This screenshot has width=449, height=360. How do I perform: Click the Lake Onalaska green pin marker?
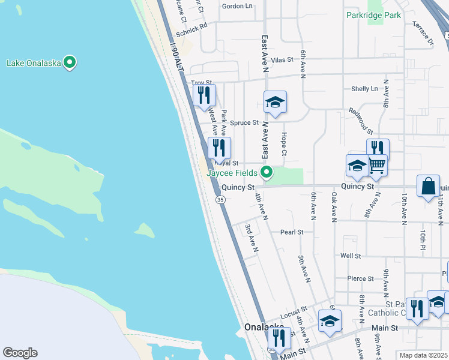pyautogui.click(x=70, y=62)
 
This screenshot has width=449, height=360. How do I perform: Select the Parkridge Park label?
pyautogui.click(x=373, y=15)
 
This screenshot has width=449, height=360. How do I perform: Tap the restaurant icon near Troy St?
pyautogui.click(x=205, y=95)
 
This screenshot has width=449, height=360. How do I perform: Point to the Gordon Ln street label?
pyautogui.click(x=237, y=6)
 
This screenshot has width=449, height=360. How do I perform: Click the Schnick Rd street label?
pyautogui.click(x=191, y=26)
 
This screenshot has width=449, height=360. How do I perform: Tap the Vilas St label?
pyautogui.click(x=282, y=60)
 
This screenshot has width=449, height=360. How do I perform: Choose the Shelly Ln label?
pyautogui.click(x=364, y=89)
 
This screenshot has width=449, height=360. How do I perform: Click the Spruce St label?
pyautogui.click(x=247, y=122)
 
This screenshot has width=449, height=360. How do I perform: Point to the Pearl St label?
pyautogui.click(x=292, y=232)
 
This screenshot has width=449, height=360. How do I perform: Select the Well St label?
pyautogui.click(x=350, y=256)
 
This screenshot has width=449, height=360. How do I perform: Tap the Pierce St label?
pyautogui.click(x=360, y=278)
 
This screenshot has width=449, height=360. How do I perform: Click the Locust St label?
pyautogui.click(x=294, y=311)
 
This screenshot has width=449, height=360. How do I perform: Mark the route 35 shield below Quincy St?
pyautogui.click(x=221, y=200)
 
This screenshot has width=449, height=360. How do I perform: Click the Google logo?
pyautogui.click(x=20, y=353)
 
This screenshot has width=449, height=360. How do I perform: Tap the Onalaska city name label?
pyautogui.click(x=264, y=328)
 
